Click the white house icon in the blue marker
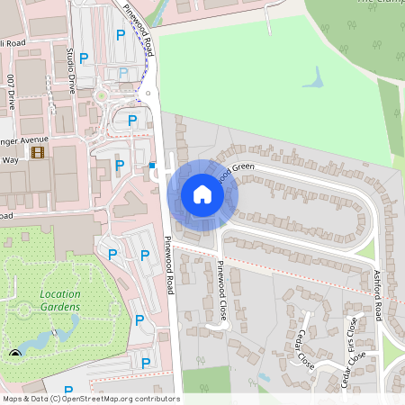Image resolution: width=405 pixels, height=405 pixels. [202, 193]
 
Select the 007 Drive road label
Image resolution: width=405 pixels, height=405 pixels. [11, 91]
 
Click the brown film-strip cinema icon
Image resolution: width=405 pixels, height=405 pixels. [38, 152]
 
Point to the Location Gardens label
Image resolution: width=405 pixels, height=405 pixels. [59, 301]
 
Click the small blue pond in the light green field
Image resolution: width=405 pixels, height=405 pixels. [313, 80]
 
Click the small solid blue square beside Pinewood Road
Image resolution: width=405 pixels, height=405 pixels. [152, 165]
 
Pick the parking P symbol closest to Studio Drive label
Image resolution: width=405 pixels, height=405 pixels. [84, 58]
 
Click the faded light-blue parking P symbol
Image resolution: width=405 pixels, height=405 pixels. [123, 72]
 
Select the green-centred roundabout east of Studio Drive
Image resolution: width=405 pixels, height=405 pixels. [102, 94]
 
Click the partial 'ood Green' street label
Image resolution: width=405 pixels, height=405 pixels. [235, 167]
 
